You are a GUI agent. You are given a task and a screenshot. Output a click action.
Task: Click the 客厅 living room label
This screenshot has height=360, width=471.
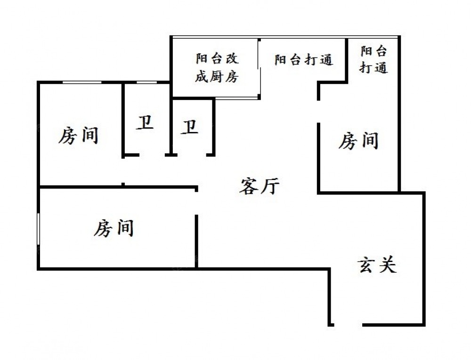pyautogui.click(x=260, y=187)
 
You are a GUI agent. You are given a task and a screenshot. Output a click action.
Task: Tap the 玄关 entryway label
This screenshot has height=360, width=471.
pyautogui.click(x=377, y=265)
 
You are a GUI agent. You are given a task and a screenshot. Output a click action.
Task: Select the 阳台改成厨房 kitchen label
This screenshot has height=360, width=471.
pyautogui.click(x=217, y=68)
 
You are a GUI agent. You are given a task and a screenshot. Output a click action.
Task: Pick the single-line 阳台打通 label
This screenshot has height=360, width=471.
pyautogui.click(x=304, y=60)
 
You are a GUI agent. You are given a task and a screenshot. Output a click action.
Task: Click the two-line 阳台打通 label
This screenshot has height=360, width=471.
pyautogui.click(x=374, y=59)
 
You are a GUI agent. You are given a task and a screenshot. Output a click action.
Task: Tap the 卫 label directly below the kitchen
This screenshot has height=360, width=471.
pyautogui.click(x=190, y=127)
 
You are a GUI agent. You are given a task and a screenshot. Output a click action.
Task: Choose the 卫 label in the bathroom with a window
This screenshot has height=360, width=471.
pyautogui.click(x=146, y=123)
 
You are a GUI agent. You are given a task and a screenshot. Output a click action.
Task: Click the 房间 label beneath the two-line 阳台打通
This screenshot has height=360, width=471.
pyautogui.click(x=359, y=141)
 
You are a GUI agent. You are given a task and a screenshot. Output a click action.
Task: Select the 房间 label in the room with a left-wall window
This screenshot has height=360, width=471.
pyautogui.click(x=114, y=229)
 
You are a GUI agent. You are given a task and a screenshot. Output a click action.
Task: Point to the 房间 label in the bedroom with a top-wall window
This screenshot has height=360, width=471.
pyautogui.click(x=79, y=136)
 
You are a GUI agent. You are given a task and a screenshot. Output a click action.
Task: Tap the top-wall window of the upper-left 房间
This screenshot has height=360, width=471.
pyautogui.click(x=82, y=82)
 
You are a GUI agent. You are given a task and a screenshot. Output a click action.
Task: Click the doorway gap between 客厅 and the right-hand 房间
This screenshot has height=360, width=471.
pyautogui.click(x=319, y=111)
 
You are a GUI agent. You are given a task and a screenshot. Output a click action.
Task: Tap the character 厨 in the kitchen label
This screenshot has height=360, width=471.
pyautogui.click(x=217, y=77)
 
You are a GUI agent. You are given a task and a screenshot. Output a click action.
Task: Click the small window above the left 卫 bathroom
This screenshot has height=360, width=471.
pyautogui.click(x=146, y=82)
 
